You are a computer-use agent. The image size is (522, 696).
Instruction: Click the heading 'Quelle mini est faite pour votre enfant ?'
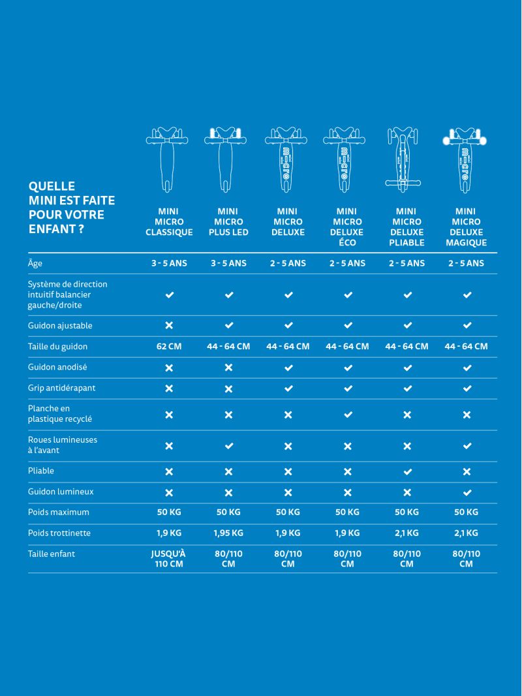pos(67,208)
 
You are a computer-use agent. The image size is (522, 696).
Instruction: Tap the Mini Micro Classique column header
pos(169,222)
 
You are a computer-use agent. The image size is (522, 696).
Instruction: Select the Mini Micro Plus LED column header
pos(228,222)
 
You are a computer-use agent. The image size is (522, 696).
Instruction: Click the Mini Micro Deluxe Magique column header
pos(466,227)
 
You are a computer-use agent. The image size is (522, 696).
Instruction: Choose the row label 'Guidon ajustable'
pos(60,326)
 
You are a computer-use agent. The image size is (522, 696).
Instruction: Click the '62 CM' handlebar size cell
pos(169,347)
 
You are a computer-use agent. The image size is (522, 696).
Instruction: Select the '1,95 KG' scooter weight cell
pos(228,533)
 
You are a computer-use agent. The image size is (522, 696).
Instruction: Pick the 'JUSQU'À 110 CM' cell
pos(169,559)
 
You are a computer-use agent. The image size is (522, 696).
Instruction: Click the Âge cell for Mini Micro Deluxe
pos(288,263)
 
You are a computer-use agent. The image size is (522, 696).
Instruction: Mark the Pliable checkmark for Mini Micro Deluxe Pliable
pos(407,471)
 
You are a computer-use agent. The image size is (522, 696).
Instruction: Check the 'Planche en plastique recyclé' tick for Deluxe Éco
pos(348,415)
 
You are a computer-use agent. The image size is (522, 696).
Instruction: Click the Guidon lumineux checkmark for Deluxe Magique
pos(467,492)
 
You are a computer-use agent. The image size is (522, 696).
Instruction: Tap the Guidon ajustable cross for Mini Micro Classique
pos(169,326)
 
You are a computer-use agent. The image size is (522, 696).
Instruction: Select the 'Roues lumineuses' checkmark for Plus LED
pos(228,446)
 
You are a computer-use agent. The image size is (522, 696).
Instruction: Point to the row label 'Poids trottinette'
pos(59,533)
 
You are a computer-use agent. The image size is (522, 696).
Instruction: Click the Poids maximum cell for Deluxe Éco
pos(347,513)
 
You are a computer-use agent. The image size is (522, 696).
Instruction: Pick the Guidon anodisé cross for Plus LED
pos(228,368)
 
